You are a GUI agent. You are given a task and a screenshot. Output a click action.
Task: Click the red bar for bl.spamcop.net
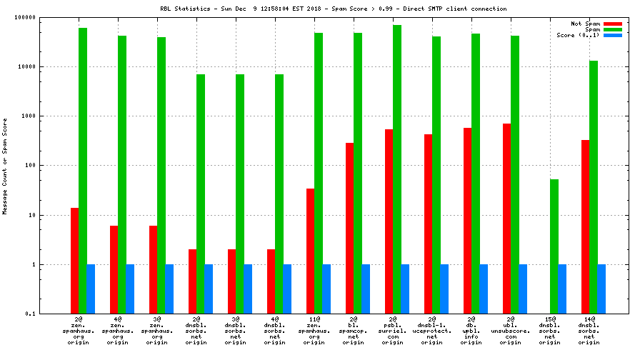349,228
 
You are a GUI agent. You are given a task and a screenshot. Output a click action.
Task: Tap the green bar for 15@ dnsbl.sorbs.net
554,246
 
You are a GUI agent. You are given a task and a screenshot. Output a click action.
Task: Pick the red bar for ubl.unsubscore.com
506,219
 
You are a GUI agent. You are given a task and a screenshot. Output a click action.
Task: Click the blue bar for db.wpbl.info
483,289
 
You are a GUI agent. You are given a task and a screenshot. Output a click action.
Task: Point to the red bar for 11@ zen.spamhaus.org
310,251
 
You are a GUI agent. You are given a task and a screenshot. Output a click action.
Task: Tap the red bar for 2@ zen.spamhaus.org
74,261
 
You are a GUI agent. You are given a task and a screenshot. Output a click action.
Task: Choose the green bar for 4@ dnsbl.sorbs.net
279,194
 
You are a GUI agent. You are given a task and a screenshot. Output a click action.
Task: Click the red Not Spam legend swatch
612,24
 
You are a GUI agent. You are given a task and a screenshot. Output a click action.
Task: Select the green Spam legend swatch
612,29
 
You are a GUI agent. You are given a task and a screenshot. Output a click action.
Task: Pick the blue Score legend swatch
612,35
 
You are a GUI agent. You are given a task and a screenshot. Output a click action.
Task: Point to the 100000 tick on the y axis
26,17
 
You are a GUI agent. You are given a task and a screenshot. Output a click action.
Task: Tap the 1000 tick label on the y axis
29,116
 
